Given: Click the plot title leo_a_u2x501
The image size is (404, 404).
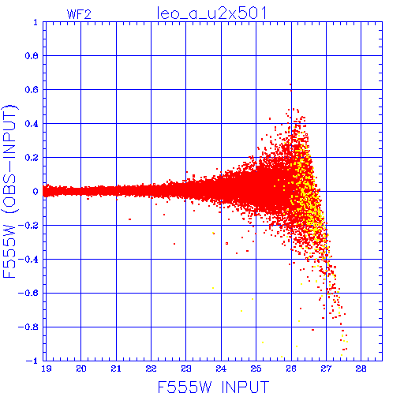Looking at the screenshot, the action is [x=211, y=13].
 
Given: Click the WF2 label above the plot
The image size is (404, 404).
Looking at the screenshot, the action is [x=79, y=14].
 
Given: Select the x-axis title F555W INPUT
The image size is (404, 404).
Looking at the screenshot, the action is [x=214, y=387].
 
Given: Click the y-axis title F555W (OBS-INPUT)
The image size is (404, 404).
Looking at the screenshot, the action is [x=9, y=191].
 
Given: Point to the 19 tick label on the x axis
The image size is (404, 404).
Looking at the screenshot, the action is [x=47, y=368].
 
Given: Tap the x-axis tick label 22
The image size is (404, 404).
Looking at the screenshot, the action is [x=151, y=368].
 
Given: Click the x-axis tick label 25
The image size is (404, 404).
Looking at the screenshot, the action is [x=256, y=368].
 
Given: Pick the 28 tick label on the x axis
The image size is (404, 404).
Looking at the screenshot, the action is [x=361, y=368].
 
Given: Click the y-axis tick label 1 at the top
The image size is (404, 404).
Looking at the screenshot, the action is [x=36, y=22].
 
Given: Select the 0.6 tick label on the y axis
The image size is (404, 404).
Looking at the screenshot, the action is [x=32, y=90].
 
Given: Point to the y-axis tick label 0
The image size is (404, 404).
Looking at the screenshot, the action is [x=36, y=191].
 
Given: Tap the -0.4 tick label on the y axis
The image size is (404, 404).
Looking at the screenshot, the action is [x=28, y=260].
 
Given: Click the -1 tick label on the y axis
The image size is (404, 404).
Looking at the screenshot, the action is [x=32, y=361].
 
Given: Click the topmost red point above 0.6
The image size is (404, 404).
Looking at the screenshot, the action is [x=290, y=84].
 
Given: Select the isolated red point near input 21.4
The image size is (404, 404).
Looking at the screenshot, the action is [x=129, y=219].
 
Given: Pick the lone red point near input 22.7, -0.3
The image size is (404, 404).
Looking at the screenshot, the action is [x=174, y=244].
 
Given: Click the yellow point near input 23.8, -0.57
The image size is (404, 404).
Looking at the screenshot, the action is [x=213, y=288].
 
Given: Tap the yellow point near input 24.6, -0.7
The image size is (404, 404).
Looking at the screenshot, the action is [x=241, y=311].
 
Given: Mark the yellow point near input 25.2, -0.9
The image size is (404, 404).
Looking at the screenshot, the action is [x=263, y=342].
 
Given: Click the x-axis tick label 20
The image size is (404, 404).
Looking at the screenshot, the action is [x=81, y=368].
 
